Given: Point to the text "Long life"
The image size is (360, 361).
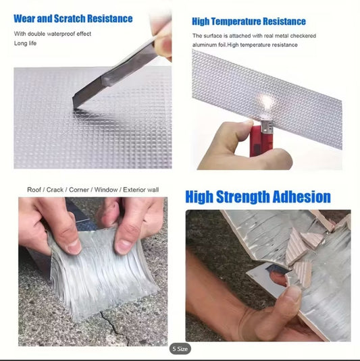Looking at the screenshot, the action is click(25, 43).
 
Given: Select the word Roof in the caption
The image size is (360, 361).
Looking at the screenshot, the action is click(34, 190).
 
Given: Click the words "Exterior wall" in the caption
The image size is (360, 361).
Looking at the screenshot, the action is click(140, 190).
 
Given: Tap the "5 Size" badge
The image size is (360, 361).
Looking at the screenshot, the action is click(180, 349).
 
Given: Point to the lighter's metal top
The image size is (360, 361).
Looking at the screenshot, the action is click(267, 127).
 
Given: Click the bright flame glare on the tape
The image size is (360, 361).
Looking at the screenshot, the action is click(267, 101).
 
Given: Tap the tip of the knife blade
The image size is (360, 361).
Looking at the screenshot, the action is click(74, 107).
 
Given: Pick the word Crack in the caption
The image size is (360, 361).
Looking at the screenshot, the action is click(55, 190).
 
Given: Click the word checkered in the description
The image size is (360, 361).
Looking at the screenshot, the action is click(303, 36).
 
